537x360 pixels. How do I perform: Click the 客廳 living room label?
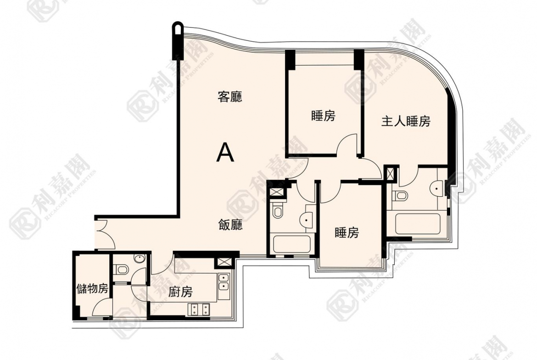click(230, 97)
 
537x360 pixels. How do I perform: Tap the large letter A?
click(225, 153)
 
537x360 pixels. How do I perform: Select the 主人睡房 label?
click(406, 122)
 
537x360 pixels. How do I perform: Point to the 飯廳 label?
click(230, 225)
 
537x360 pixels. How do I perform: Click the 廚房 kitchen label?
click(180, 292)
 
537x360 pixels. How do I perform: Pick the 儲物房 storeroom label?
click(92, 289)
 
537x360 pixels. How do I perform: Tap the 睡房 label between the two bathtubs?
click(347, 233)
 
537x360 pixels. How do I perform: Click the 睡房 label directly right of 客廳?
click(323, 116)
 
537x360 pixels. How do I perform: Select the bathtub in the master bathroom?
click(418, 223)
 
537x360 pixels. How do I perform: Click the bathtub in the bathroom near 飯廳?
click(293, 243)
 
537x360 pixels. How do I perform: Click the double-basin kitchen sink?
click(224, 282)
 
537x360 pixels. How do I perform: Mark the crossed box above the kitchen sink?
click(225, 262)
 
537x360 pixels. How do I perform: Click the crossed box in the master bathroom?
click(392, 175)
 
